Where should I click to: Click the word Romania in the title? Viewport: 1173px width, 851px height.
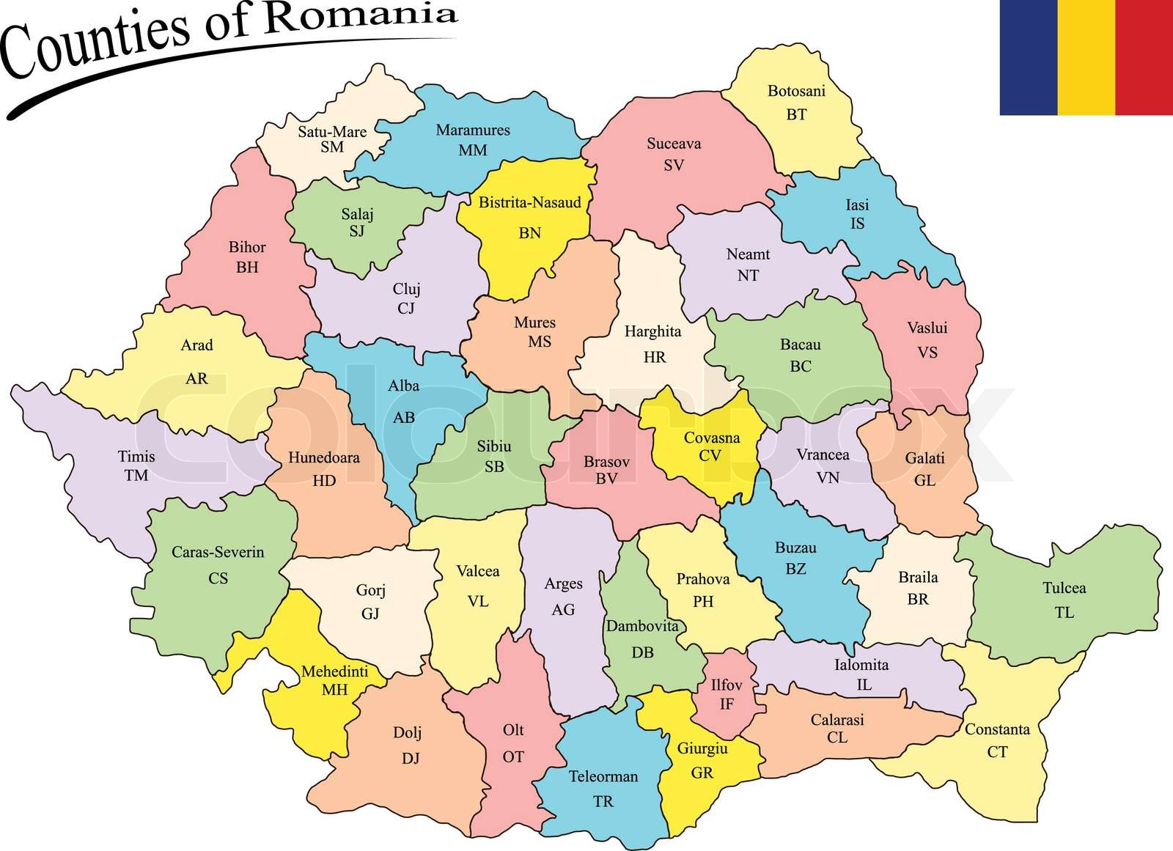(x=359, y=16)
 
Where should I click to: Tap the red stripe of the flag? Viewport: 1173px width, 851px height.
(x=1144, y=57)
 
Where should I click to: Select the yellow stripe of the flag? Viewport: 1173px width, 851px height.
(x=1086, y=57)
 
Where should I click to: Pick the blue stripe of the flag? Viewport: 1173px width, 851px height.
(x=1028, y=57)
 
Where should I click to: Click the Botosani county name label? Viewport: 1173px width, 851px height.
(x=796, y=92)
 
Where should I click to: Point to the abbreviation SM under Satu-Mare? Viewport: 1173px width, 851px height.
(x=332, y=147)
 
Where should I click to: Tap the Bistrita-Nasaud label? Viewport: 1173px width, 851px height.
(x=529, y=203)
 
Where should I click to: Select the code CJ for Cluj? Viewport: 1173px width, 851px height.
(x=406, y=309)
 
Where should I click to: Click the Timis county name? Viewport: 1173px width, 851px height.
(x=136, y=457)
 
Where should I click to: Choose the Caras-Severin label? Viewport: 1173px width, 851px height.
(x=218, y=553)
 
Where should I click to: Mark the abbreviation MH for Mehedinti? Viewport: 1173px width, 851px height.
(x=334, y=690)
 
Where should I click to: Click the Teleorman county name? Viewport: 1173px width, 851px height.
(x=603, y=777)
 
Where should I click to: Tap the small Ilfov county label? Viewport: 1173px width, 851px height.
(x=727, y=685)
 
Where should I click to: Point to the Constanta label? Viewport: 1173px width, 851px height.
(x=997, y=729)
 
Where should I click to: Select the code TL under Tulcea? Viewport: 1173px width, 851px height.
(x=1064, y=613)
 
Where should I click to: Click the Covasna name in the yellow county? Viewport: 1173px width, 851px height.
(x=711, y=438)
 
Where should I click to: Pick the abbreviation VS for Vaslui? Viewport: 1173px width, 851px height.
(x=927, y=353)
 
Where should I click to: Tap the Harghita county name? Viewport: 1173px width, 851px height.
(x=652, y=332)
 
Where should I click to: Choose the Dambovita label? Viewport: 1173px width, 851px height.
(x=642, y=627)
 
